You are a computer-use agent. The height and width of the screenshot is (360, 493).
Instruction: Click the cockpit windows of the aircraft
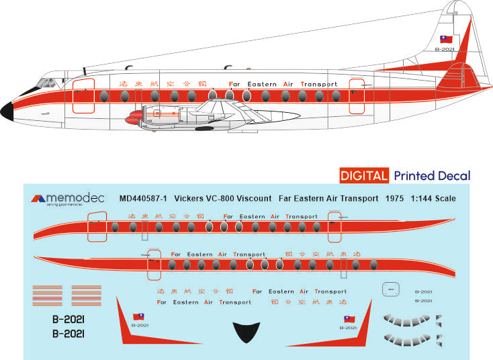(x=48, y=83)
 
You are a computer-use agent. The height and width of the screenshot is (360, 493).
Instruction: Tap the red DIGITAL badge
(x=363, y=176)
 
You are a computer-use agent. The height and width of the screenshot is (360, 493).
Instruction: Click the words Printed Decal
(x=432, y=176)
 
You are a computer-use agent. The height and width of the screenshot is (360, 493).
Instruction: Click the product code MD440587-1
(x=142, y=198)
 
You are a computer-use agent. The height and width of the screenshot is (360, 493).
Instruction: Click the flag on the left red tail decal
(x=138, y=316)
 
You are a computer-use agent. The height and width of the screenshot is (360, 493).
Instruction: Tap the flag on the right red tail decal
(x=349, y=319)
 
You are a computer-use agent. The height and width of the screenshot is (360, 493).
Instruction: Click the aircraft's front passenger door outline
(x=83, y=95)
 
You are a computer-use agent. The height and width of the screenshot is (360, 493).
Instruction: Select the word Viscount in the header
(x=253, y=198)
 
